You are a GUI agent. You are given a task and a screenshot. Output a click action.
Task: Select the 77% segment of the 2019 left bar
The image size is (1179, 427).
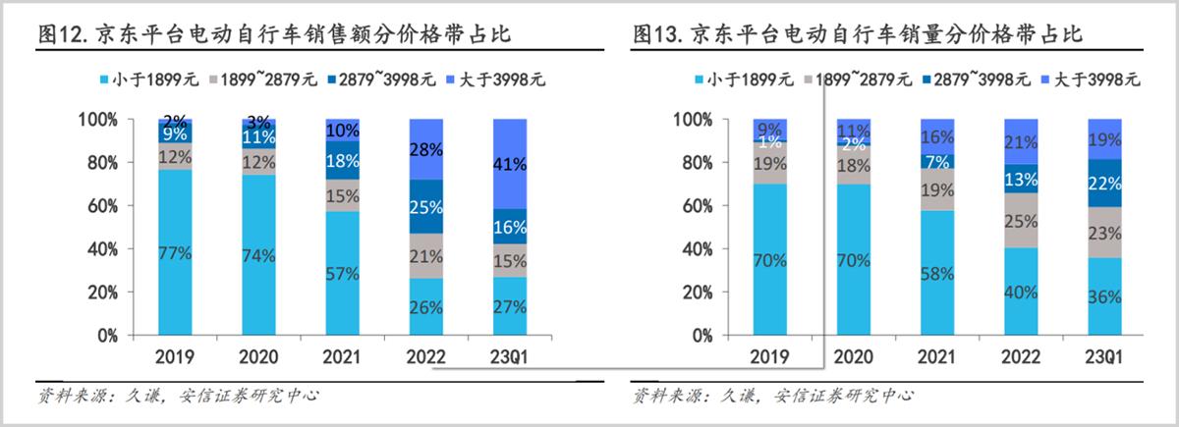pos(176,252)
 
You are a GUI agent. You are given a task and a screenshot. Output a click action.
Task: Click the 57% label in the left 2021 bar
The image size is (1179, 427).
pos(342,274)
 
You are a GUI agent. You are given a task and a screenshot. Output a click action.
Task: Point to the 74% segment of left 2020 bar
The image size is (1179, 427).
pos(259,256)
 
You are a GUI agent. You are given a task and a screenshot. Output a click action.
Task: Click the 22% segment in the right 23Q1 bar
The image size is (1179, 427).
pos(1104,184)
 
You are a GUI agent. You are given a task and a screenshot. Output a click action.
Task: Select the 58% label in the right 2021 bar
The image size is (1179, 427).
pos(938,273)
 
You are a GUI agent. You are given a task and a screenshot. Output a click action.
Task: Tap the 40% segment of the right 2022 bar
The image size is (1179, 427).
pos(1021,293)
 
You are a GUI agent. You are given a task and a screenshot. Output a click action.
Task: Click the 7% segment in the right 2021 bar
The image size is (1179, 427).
pos(938,161)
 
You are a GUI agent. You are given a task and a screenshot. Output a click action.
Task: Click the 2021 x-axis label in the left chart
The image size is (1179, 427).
pos(342,356)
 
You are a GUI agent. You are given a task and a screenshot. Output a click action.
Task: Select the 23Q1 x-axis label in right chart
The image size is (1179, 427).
pos(1104,356)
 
